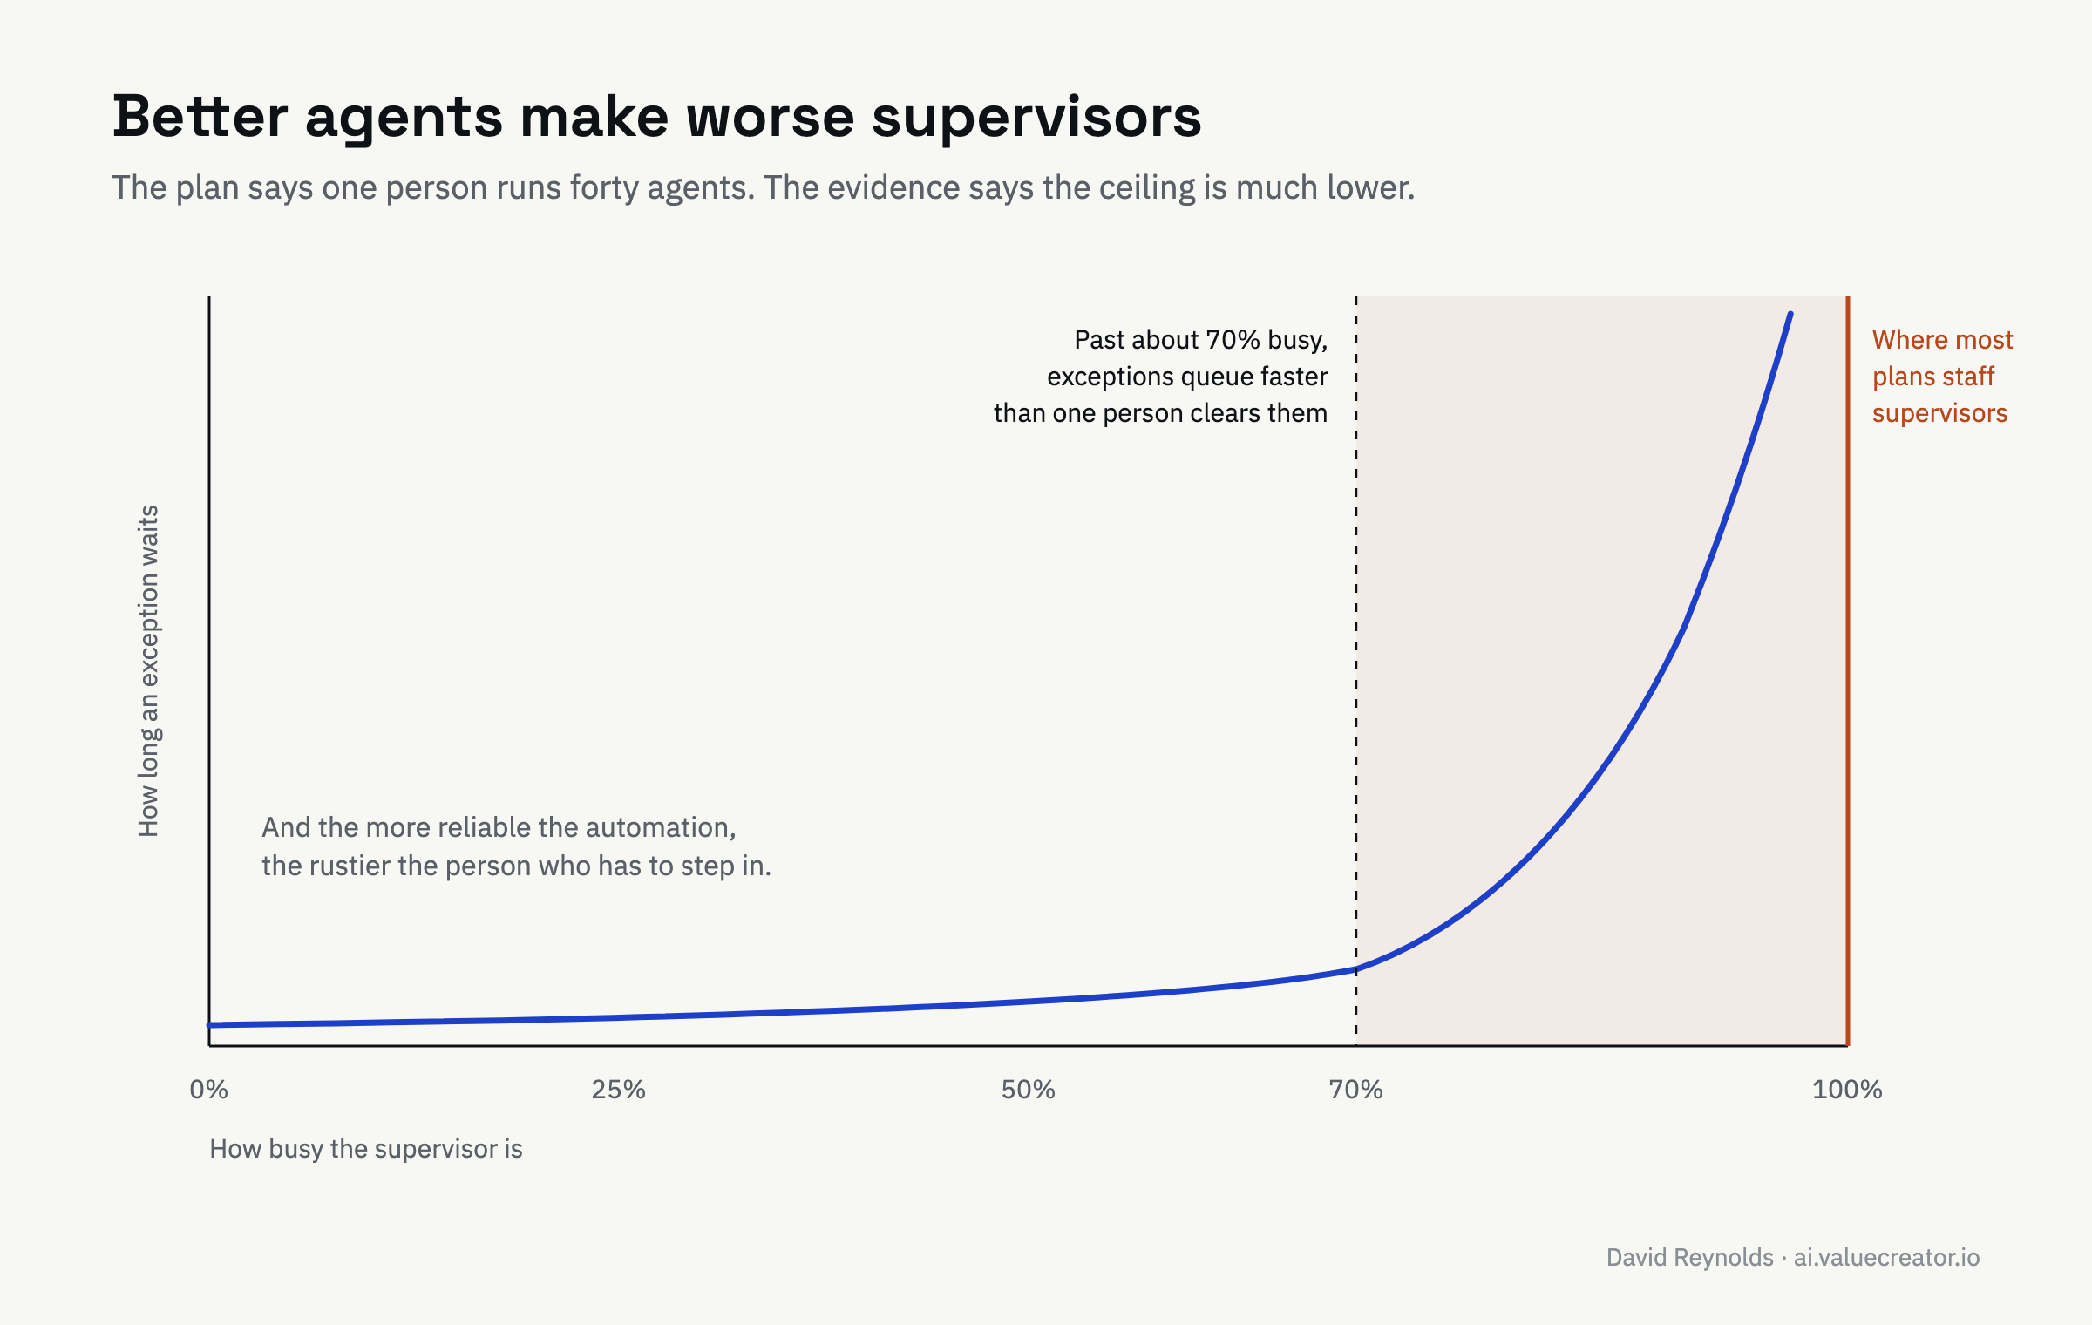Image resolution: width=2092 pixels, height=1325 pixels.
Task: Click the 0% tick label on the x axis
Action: tap(209, 1090)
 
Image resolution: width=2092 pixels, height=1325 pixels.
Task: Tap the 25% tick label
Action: tap(619, 1090)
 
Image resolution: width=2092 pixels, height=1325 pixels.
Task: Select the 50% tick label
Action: tap(1029, 1090)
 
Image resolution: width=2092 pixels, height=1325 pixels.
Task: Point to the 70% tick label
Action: tap(1356, 1090)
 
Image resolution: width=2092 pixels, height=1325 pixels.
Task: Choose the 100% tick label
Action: tap(1847, 1090)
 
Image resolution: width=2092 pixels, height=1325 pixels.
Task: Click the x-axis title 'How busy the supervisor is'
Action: tap(366, 1149)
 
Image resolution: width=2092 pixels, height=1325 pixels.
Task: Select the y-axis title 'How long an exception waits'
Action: tap(149, 671)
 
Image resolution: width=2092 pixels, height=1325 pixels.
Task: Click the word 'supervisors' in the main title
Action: tap(1036, 118)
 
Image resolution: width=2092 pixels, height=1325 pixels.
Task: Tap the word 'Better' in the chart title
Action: tap(200, 116)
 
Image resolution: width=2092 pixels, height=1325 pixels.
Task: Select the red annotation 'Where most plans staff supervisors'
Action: tap(1943, 377)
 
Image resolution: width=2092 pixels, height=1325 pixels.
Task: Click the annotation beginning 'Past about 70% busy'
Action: tap(1161, 377)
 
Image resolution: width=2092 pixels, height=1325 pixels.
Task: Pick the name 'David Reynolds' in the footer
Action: tap(1690, 1257)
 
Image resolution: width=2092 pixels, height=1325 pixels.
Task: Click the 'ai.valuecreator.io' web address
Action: tap(1886, 1257)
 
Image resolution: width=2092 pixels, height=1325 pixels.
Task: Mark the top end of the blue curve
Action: tap(1790, 314)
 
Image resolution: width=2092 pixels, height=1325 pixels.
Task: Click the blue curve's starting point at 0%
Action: tap(209, 1025)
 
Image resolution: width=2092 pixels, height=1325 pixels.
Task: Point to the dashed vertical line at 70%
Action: tap(1356, 671)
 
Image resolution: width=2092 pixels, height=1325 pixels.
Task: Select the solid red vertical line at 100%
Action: tap(1847, 671)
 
